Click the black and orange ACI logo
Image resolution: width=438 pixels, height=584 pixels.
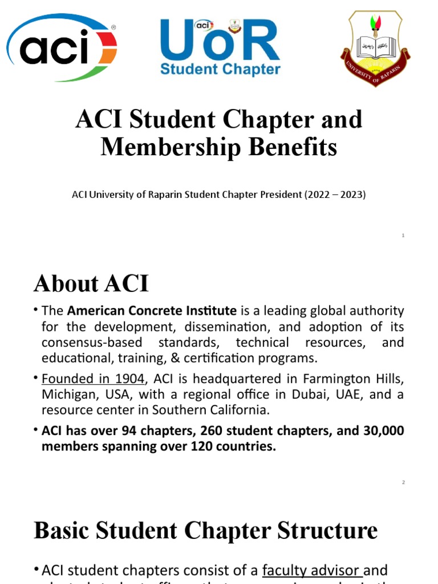62,48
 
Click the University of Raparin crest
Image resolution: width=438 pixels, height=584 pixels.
376,48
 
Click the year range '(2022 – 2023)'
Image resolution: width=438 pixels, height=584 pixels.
337,194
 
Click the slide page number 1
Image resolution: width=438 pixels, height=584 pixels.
403,236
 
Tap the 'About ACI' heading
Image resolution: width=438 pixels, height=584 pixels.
91,283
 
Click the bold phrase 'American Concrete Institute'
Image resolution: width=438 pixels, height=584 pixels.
152,311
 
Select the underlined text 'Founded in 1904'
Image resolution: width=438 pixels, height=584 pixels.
93,379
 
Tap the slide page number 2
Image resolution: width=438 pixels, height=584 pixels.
403,482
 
